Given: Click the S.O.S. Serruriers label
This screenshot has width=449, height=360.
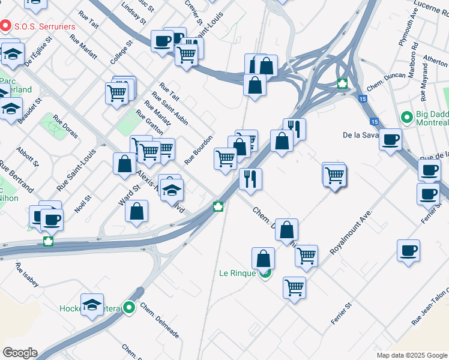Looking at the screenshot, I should pyautogui.click(x=45, y=27).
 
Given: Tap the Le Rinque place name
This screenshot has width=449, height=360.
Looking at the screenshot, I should pyautogui.click(x=238, y=273).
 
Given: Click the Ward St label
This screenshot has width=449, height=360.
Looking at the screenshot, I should pyautogui.click(x=128, y=195).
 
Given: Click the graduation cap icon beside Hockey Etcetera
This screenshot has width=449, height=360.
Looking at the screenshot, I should pyautogui.click(x=92, y=305).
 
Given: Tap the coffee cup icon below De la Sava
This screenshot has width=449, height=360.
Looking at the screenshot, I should pyautogui.click(x=391, y=140).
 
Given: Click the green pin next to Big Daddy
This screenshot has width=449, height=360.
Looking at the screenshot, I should pyautogui.click(x=406, y=116).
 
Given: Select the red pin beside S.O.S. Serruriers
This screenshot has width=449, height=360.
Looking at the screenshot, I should pyautogui.click(x=6, y=26).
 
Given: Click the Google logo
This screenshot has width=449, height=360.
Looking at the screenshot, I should pyautogui.click(x=20, y=353).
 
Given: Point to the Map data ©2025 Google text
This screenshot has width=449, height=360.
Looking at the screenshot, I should pyautogui.click(x=411, y=355).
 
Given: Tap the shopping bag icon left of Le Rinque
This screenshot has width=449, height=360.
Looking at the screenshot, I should pyautogui.click(x=263, y=259).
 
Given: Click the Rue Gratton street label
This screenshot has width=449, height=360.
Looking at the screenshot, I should pyautogui.click(x=149, y=122).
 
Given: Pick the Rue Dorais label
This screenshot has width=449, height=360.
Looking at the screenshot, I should pyautogui.click(x=65, y=127).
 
